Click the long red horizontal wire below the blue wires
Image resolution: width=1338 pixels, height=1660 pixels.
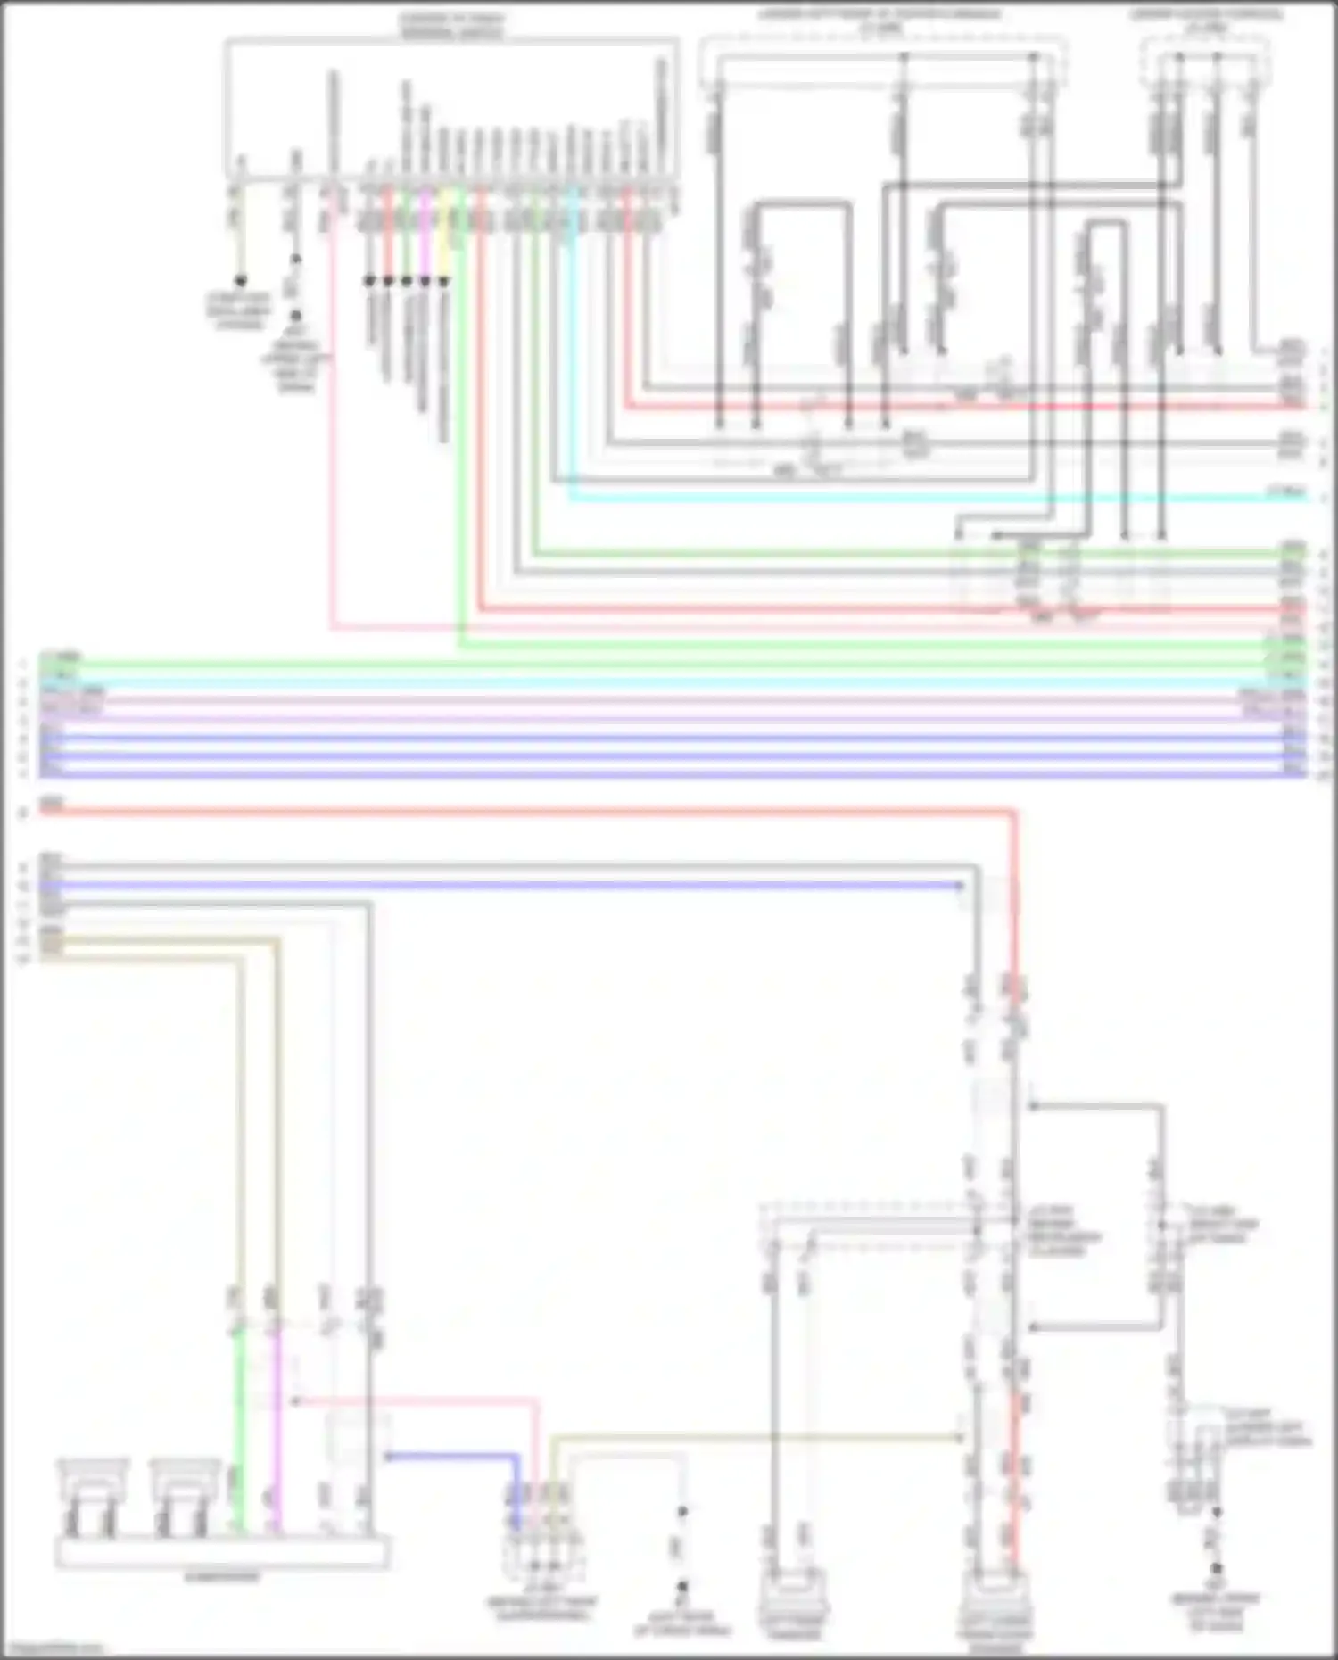click(x=535, y=812)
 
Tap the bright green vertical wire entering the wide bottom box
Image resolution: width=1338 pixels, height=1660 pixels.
click(x=238, y=1427)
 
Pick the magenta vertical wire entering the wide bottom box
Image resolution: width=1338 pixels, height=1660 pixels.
click(x=277, y=1427)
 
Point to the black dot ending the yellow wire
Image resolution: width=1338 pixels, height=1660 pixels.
click(x=443, y=281)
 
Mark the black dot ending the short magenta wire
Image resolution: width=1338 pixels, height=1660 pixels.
click(x=425, y=281)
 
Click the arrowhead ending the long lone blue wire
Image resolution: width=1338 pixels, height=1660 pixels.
click(x=959, y=886)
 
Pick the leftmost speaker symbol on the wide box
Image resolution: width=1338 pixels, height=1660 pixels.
click(x=93, y=1499)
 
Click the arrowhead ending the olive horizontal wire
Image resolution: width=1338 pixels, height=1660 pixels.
click(x=959, y=1437)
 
